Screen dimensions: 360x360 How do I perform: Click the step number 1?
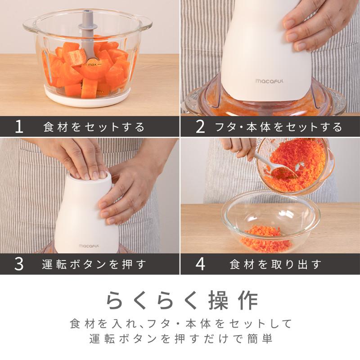point(19,127)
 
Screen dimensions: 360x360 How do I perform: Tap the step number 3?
point(19,264)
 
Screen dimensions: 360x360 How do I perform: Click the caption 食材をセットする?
point(94,127)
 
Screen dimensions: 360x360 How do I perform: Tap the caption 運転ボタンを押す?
point(94,264)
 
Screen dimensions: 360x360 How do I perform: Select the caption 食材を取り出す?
point(275,264)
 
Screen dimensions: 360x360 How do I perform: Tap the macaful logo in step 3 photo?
point(88,246)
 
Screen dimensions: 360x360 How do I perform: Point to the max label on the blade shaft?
point(92,65)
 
